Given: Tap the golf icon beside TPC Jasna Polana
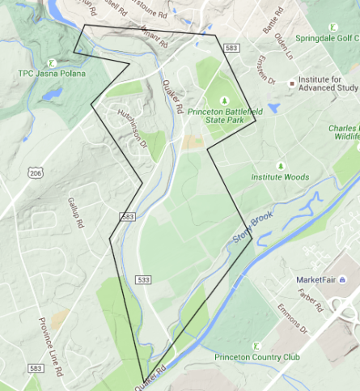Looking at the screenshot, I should [x=51, y=62].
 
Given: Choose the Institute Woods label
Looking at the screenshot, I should [x=280, y=176].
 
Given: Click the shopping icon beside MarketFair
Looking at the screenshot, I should [x=341, y=279].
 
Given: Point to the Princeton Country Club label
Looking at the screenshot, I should [x=256, y=356].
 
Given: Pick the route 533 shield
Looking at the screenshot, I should [x=144, y=280].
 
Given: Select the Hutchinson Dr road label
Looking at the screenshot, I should [x=133, y=129].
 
